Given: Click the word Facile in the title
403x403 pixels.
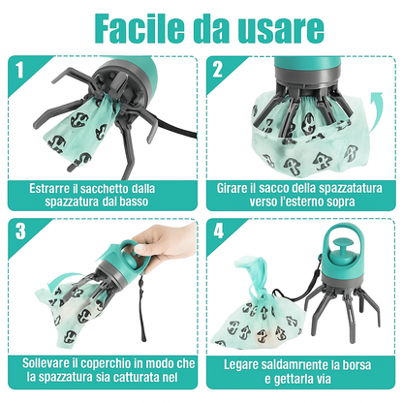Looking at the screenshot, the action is point(139,28).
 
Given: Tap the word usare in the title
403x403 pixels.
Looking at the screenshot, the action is point(281,28).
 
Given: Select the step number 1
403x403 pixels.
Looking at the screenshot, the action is point(20,70).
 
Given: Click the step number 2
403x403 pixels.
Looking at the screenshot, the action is point(217,70).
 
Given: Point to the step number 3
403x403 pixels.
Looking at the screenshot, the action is point(20,232).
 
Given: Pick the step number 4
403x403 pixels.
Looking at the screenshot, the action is point(218,232).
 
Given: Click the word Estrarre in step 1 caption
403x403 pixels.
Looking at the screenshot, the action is point(49,188).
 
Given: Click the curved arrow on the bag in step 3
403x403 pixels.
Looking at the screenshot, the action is point(61,280).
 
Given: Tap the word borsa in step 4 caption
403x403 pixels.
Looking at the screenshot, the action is point(356,365).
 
